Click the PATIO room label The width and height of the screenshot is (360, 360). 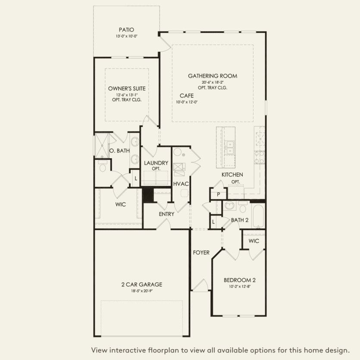(x=126, y=30)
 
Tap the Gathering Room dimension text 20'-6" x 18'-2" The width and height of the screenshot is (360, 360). (x=213, y=82)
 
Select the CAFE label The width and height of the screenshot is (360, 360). (x=186, y=96)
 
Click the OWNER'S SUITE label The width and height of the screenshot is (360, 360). (x=127, y=88)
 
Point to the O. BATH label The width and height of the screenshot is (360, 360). (x=119, y=151)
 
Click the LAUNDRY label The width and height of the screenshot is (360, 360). (x=156, y=163)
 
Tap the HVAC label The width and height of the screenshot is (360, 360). (x=181, y=184)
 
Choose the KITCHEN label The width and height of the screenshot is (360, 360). (x=232, y=175)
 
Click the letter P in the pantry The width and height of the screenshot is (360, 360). (x=218, y=194)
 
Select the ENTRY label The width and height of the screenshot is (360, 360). (x=166, y=214)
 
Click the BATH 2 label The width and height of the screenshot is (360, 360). (x=240, y=220)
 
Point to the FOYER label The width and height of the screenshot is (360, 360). (x=201, y=253)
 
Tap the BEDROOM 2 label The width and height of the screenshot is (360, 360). (x=239, y=280)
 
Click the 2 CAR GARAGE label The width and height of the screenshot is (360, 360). (x=142, y=285)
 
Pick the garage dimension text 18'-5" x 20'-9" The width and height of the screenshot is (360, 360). (x=142, y=291)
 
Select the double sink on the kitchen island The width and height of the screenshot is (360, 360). (x=230, y=147)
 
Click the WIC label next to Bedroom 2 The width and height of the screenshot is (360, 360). (x=254, y=241)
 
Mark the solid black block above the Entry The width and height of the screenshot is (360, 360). (x=148, y=195)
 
